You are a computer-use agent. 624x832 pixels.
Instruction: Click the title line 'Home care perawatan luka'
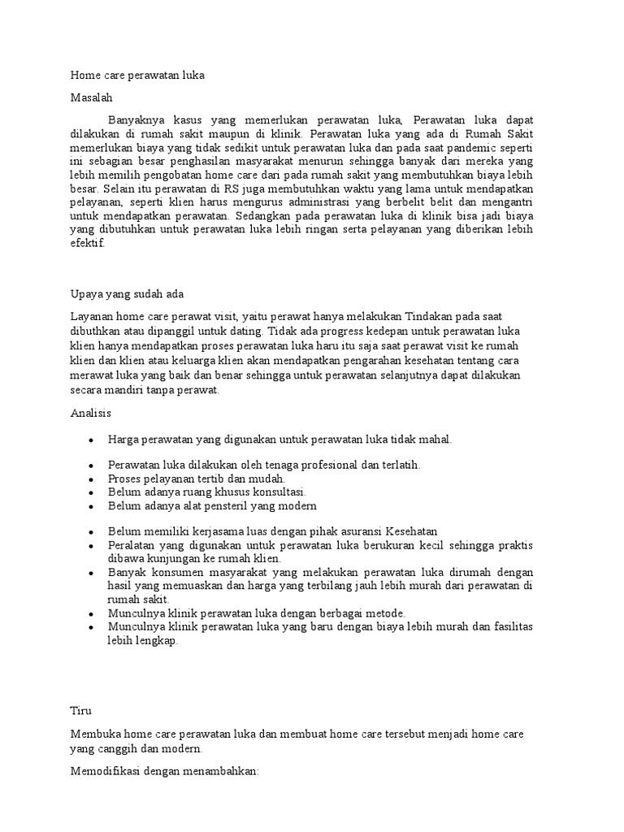point(138,76)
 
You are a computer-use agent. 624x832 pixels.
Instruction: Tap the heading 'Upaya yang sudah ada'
point(130,294)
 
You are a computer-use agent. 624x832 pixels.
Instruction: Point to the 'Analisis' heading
point(91,414)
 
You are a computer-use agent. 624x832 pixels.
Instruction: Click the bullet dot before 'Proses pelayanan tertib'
point(93,479)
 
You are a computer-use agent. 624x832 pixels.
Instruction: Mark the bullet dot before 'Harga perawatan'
point(93,440)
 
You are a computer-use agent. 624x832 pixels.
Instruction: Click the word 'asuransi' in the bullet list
point(356,531)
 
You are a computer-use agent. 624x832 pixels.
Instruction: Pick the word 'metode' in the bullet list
point(381,613)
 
